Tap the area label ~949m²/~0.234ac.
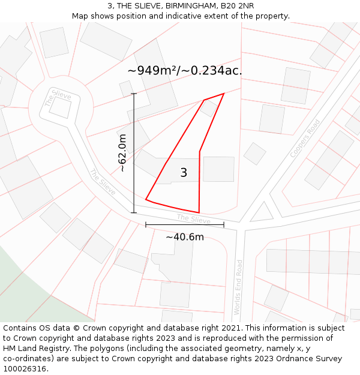click(184, 70)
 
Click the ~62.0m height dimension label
click(122, 153)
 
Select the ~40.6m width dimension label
click(185, 237)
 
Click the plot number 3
click(184, 173)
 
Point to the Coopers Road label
click(305, 137)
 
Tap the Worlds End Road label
click(239, 287)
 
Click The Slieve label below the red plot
click(194, 219)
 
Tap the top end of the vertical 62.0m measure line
click(134, 94)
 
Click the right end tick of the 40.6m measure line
click(224, 225)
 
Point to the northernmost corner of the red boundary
click(223, 94)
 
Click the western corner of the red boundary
click(146, 200)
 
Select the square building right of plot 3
click(218, 169)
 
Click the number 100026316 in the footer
click(25, 369)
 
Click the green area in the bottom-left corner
click(24, 282)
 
